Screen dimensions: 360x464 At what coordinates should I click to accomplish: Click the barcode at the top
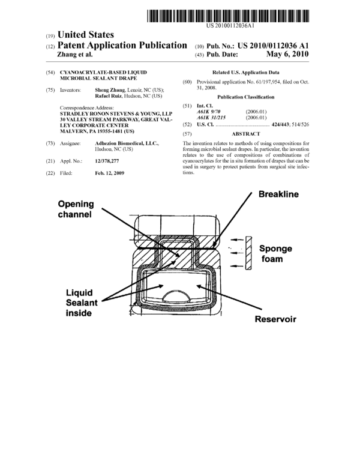tap(228, 16)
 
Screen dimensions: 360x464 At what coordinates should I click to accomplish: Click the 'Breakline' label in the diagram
tap(278, 194)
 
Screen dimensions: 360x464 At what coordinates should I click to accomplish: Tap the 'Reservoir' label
tap(275, 319)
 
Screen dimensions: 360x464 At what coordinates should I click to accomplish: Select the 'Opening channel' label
tap(76, 209)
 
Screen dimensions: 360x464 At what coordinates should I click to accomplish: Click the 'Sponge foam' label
tap(275, 253)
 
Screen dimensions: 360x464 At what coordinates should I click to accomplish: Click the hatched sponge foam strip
tap(248, 253)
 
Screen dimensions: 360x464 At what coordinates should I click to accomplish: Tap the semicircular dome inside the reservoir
tap(177, 295)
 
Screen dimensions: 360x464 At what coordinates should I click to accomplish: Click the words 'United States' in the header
tap(85, 35)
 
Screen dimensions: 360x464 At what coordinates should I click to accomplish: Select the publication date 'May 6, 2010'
tap(287, 54)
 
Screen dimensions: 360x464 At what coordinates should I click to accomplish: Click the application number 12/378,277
tap(107, 161)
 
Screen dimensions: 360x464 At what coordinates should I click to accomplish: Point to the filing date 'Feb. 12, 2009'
tap(109, 173)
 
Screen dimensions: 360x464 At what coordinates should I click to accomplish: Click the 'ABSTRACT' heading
tap(246, 134)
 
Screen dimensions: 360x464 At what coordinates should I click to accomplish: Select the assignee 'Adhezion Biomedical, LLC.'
tap(127, 143)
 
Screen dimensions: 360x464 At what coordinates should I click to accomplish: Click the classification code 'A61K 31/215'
tap(211, 118)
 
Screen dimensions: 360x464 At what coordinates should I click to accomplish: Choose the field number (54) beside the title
tap(50, 73)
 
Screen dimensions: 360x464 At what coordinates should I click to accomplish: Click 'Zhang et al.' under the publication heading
tap(74, 55)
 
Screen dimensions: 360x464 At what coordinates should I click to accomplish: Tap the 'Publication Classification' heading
tap(245, 97)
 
